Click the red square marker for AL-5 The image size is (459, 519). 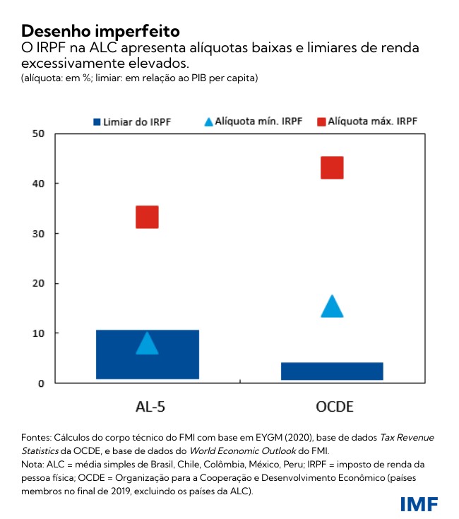pos(147,217)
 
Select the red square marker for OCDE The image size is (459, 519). pos(332,168)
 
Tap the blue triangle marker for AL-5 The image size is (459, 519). pos(147,344)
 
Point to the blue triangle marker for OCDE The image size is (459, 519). pos(332,307)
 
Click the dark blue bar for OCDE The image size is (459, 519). pos(332,371)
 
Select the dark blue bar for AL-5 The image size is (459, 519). pos(147,354)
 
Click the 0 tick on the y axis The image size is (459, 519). pos(42,383)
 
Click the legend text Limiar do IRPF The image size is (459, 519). pos(137,121)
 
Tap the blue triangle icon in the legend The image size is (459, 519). pos(208,121)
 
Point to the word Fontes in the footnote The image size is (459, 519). pos(37,438)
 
